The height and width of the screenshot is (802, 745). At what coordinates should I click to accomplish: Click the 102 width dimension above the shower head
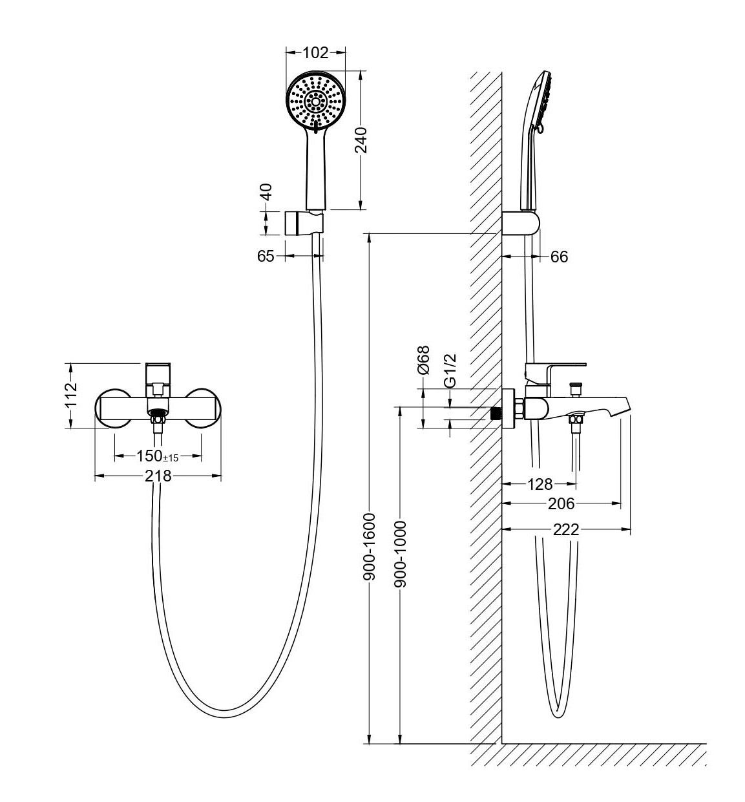[316, 53]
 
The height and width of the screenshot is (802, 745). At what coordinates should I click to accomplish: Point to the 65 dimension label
[266, 256]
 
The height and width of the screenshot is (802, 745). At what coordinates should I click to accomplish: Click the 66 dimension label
[559, 257]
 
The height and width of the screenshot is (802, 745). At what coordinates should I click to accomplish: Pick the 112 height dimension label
[70, 396]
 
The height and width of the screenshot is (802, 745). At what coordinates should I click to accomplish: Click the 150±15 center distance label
[157, 456]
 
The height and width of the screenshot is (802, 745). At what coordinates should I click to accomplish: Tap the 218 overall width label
[158, 476]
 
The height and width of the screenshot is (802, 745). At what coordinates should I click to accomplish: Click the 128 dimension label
[540, 483]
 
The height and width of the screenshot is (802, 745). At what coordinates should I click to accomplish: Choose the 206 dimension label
[561, 503]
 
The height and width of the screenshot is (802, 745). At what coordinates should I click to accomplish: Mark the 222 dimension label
[566, 530]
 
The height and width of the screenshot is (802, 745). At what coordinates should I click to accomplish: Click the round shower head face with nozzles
[316, 101]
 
